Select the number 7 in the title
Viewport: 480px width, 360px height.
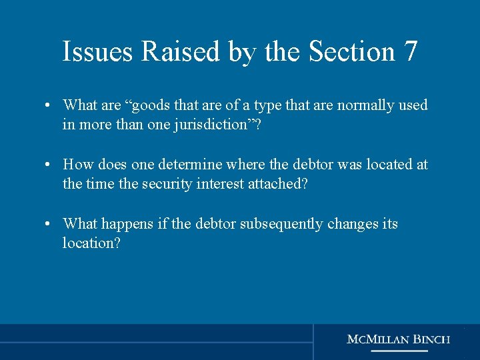click(x=410, y=51)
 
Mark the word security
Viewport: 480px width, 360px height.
click(x=167, y=183)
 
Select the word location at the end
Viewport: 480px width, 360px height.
click(x=91, y=243)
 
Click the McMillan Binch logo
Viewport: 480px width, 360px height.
click(x=399, y=341)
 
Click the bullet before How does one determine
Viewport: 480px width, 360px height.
click(x=50, y=165)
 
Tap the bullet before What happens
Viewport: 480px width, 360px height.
click(x=50, y=224)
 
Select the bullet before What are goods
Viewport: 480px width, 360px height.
click(x=50, y=106)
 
